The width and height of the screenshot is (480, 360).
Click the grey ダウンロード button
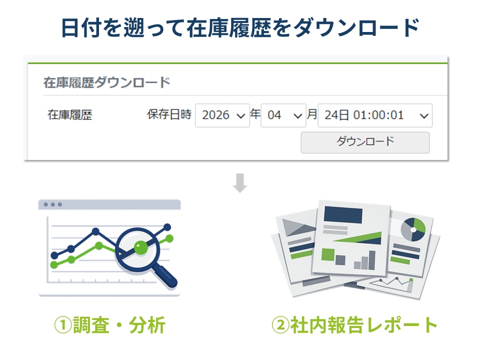(365, 142)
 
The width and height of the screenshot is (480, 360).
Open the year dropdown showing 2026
(222, 115)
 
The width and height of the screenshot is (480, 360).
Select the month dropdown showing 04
(283, 115)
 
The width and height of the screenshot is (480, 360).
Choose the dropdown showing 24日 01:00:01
(375, 115)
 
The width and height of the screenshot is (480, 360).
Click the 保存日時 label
(169, 114)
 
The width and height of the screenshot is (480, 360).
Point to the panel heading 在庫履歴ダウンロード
(106, 82)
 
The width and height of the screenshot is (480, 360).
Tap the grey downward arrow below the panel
(240, 183)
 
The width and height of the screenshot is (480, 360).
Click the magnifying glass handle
(165, 276)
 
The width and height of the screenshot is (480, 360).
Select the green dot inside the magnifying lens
(141, 247)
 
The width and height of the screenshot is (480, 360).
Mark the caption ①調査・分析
(109, 325)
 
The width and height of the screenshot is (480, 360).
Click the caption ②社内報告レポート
(354, 325)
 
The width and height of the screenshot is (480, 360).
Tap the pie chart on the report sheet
(413, 229)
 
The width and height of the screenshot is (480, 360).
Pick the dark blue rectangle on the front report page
(343, 214)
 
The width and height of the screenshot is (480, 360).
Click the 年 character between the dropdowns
(255, 114)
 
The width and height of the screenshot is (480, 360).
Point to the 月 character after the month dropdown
(312, 114)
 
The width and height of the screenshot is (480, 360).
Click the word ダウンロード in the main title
(355, 28)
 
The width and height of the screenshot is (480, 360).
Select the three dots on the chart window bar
(52, 204)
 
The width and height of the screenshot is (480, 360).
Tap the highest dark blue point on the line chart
(167, 227)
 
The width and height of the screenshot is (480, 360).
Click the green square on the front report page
(328, 254)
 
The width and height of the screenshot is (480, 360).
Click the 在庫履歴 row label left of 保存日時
(70, 115)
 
